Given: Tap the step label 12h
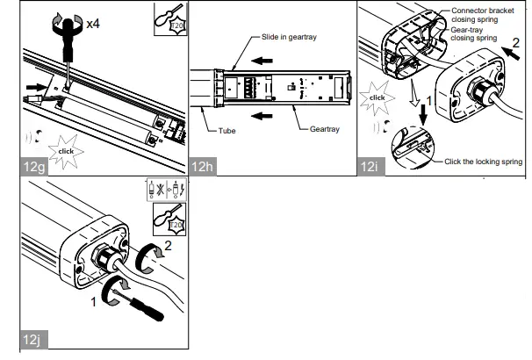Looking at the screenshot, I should [201, 166].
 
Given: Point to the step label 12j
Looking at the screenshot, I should [31, 338].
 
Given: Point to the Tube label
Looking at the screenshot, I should [227, 130].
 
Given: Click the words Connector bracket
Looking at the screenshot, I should [482, 10].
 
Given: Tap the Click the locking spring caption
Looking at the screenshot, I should [484, 161].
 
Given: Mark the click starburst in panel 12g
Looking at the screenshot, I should [64, 150].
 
